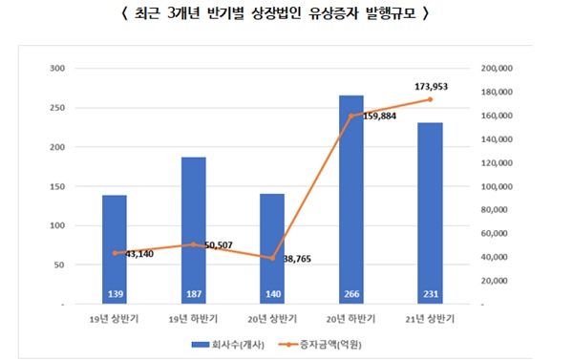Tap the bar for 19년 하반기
193,229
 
